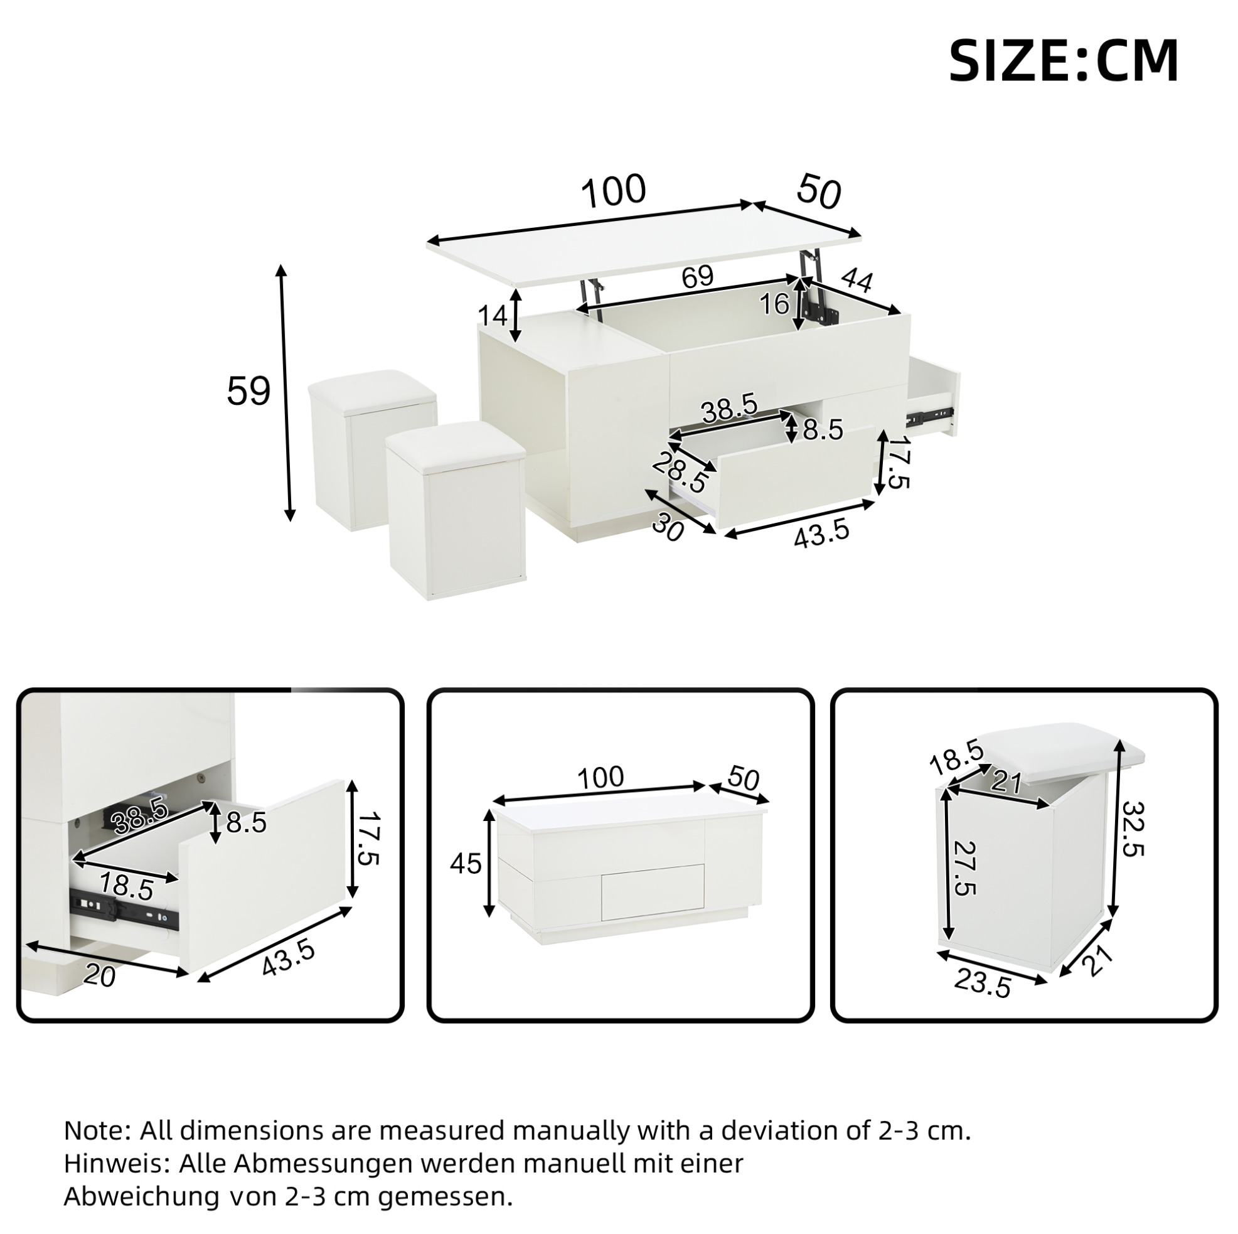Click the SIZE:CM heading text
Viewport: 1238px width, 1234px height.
(x=1064, y=61)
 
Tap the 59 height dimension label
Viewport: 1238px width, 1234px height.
(x=248, y=392)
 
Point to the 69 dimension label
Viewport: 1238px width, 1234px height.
(x=697, y=276)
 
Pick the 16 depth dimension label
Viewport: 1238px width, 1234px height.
(x=774, y=304)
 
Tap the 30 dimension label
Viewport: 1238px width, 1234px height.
(x=668, y=529)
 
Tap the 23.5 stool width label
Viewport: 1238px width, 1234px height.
(x=982, y=1001)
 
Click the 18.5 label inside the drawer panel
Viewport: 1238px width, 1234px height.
(x=126, y=887)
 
